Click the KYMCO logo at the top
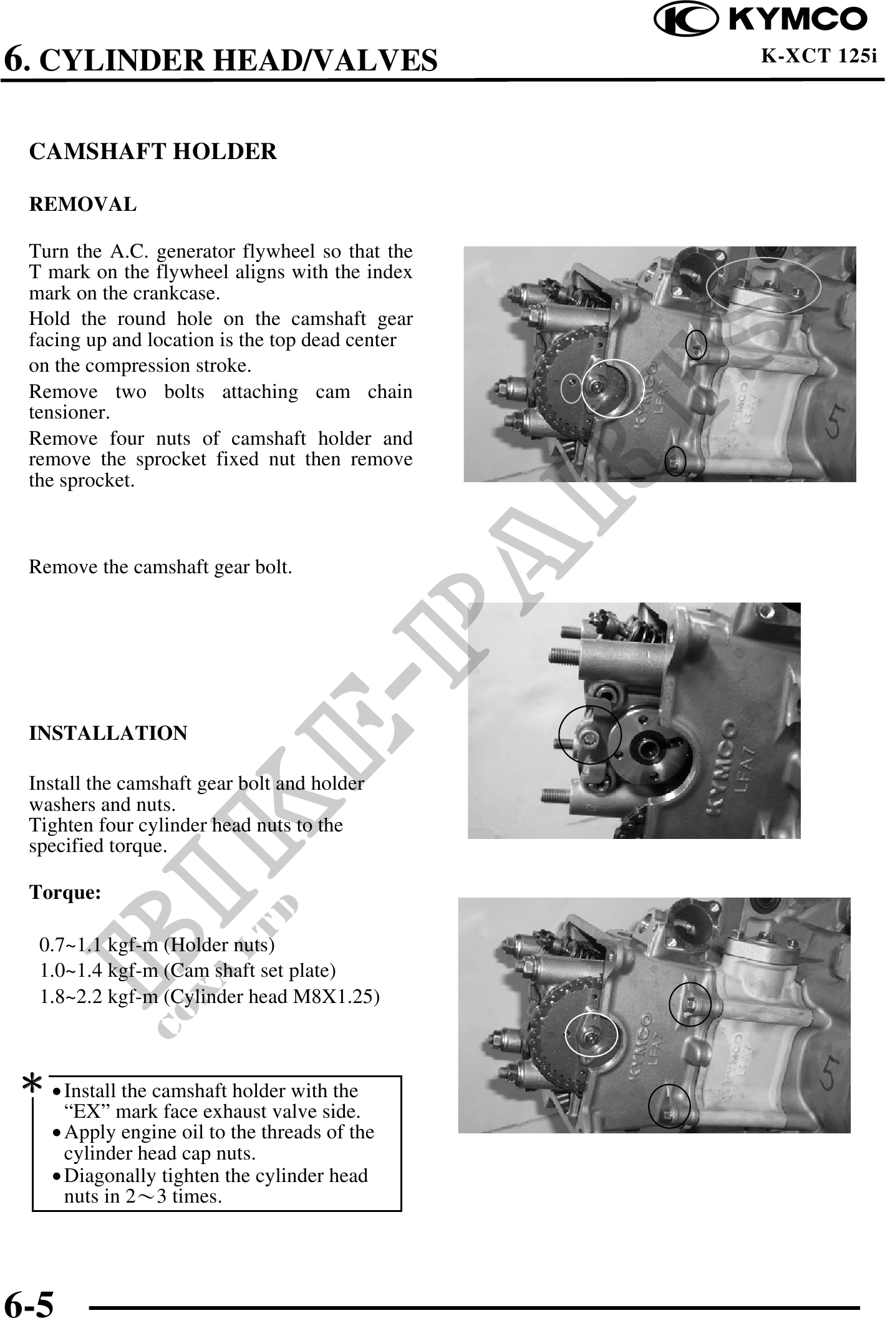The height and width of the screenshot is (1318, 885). [761, 19]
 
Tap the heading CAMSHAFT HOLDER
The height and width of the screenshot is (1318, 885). [153, 152]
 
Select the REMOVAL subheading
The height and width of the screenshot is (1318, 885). [83, 204]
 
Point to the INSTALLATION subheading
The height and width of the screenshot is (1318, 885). [109, 733]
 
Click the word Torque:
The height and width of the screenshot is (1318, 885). [65, 893]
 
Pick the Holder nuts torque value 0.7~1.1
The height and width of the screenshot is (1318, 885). [71, 945]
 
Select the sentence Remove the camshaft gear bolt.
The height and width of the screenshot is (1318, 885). [161, 567]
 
